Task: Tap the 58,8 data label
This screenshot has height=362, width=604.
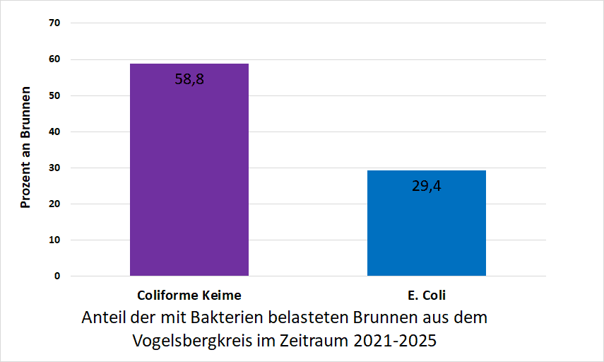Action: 189,79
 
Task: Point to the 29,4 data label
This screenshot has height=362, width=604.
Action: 427,186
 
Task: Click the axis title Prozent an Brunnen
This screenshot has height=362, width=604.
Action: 25,148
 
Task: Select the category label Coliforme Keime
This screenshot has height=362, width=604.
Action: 189,296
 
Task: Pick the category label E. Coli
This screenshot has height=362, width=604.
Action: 427,296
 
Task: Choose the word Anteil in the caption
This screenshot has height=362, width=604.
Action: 104,317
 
